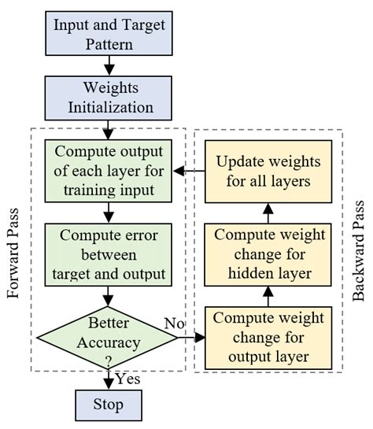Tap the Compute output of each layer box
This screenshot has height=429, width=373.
pyautogui.click(x=110, y=171)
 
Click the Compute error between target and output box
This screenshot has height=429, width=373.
pyautogui.click(x=110, y=253)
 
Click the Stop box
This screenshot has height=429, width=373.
pyautogui.click(x=110, y=405)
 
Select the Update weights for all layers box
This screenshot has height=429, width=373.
pyautogui.click(x=268, y=171)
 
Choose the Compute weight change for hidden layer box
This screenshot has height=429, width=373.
pyautogui.click(x=268, y=254)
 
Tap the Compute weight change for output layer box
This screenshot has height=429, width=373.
pyautogui.click(x=268, y=337)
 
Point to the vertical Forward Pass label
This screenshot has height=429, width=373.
pyautogui.click(x=13, y=248)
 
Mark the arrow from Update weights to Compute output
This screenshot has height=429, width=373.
pyautogui.click(x=190, y=171)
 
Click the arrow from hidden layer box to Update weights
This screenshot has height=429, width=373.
pyautogui.click(x=268, y=211)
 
